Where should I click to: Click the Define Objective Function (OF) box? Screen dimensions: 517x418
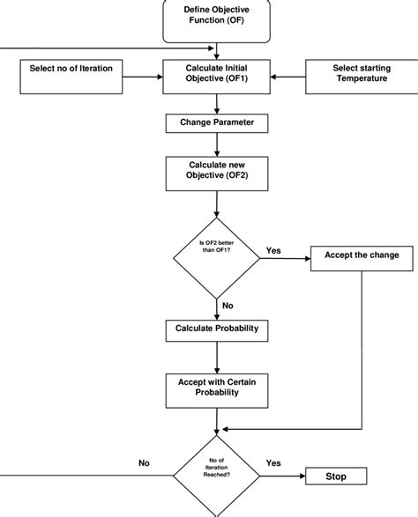click(216, 18)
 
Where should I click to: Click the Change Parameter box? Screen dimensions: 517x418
click(216, 123)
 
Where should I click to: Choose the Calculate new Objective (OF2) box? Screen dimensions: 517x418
click(216, 173)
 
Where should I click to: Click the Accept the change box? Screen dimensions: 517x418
click(361, 256)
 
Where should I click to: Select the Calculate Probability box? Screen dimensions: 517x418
click(216, 329)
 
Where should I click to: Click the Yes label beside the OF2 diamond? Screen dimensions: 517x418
click(274, 251)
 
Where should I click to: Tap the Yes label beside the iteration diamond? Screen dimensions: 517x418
click(274, 462)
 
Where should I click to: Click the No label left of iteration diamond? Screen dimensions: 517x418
click(145, 462)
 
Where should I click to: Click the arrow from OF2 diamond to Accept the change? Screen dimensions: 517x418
click(284, 258)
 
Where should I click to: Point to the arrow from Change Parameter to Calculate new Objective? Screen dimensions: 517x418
click(216, 145)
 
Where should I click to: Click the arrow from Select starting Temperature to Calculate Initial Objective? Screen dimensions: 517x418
click(286, 75)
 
